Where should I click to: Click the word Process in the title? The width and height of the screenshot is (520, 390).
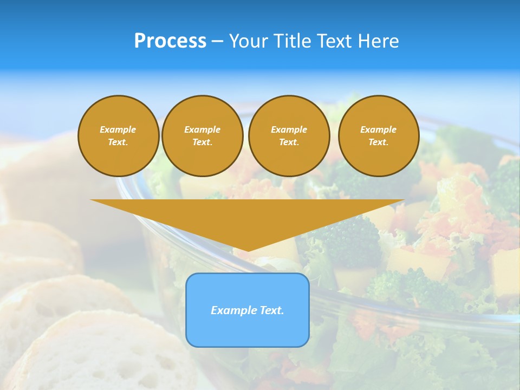170,41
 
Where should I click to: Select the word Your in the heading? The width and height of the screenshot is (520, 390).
249,41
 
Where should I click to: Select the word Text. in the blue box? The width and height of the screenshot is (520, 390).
270,310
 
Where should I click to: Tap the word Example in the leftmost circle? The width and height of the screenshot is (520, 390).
118,129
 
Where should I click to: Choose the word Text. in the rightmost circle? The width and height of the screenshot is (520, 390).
378,142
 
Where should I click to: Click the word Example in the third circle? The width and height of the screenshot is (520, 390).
289,129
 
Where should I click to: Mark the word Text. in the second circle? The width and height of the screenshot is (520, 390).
202,142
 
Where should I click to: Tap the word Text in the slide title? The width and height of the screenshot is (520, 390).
336,41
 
